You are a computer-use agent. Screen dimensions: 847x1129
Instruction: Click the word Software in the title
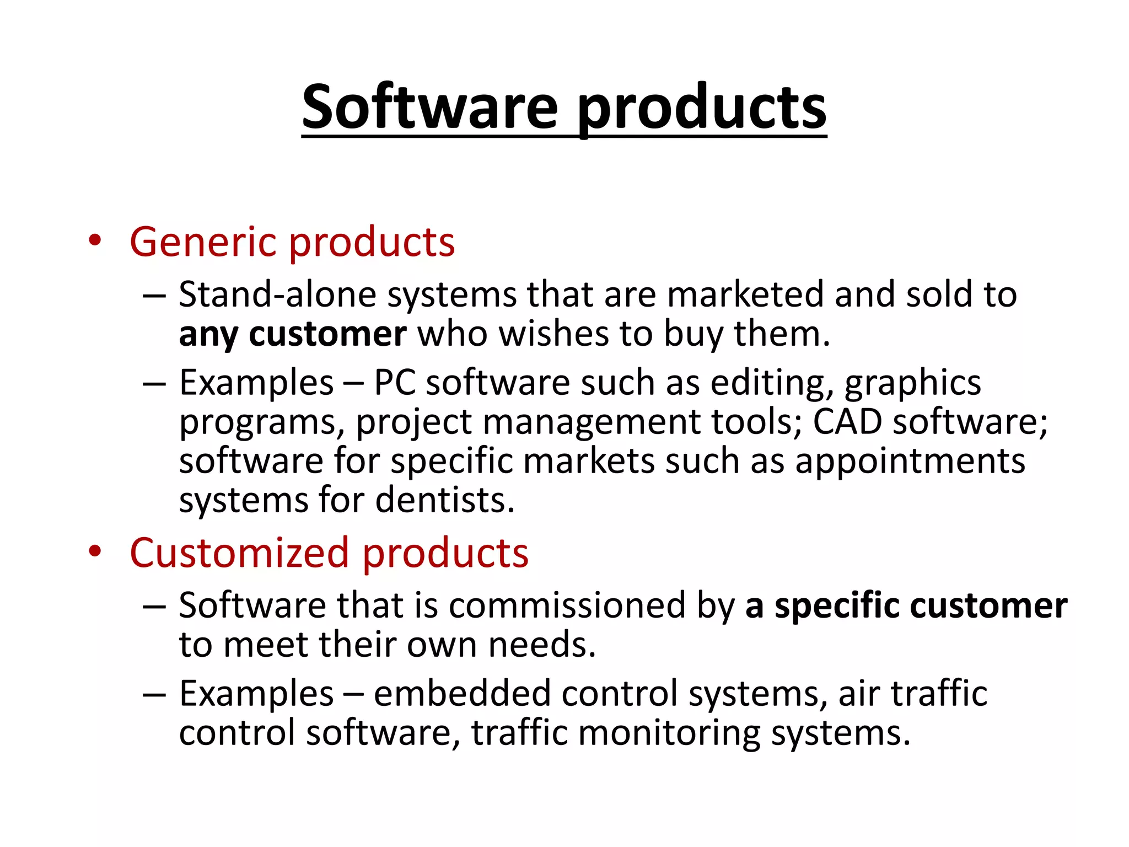coord(430,107)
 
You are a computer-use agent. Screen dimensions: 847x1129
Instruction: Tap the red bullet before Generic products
coord(95,240)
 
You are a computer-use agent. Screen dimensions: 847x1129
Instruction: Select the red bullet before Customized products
coord(95,551)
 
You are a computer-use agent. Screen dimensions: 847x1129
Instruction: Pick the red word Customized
coord(239,553)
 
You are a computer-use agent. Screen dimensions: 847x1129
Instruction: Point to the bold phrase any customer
coord(293,335)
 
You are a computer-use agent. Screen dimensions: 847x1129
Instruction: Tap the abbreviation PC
coord(394,383)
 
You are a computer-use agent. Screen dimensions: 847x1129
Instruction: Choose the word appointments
coord(910,462)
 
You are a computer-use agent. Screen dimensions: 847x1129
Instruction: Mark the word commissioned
coord(567,605)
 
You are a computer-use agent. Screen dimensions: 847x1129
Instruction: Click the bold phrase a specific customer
coord(906,605)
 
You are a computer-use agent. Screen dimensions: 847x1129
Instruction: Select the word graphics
coord(912,383)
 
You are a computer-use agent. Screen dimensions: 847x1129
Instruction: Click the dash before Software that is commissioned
coord(154,606)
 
